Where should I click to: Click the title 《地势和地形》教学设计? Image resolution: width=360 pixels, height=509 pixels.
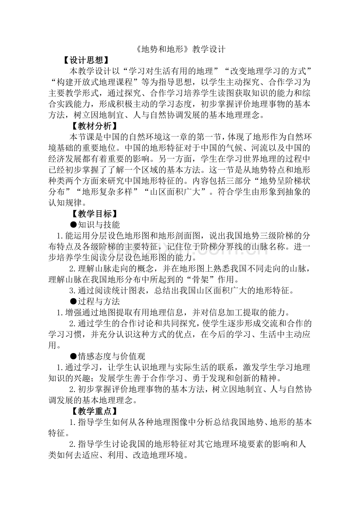coord(180,50)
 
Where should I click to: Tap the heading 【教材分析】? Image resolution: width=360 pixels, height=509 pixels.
coord(94,126)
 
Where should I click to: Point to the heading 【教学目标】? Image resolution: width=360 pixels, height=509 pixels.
coord(94,214)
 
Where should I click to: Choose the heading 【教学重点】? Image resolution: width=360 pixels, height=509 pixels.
coord(94,411)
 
